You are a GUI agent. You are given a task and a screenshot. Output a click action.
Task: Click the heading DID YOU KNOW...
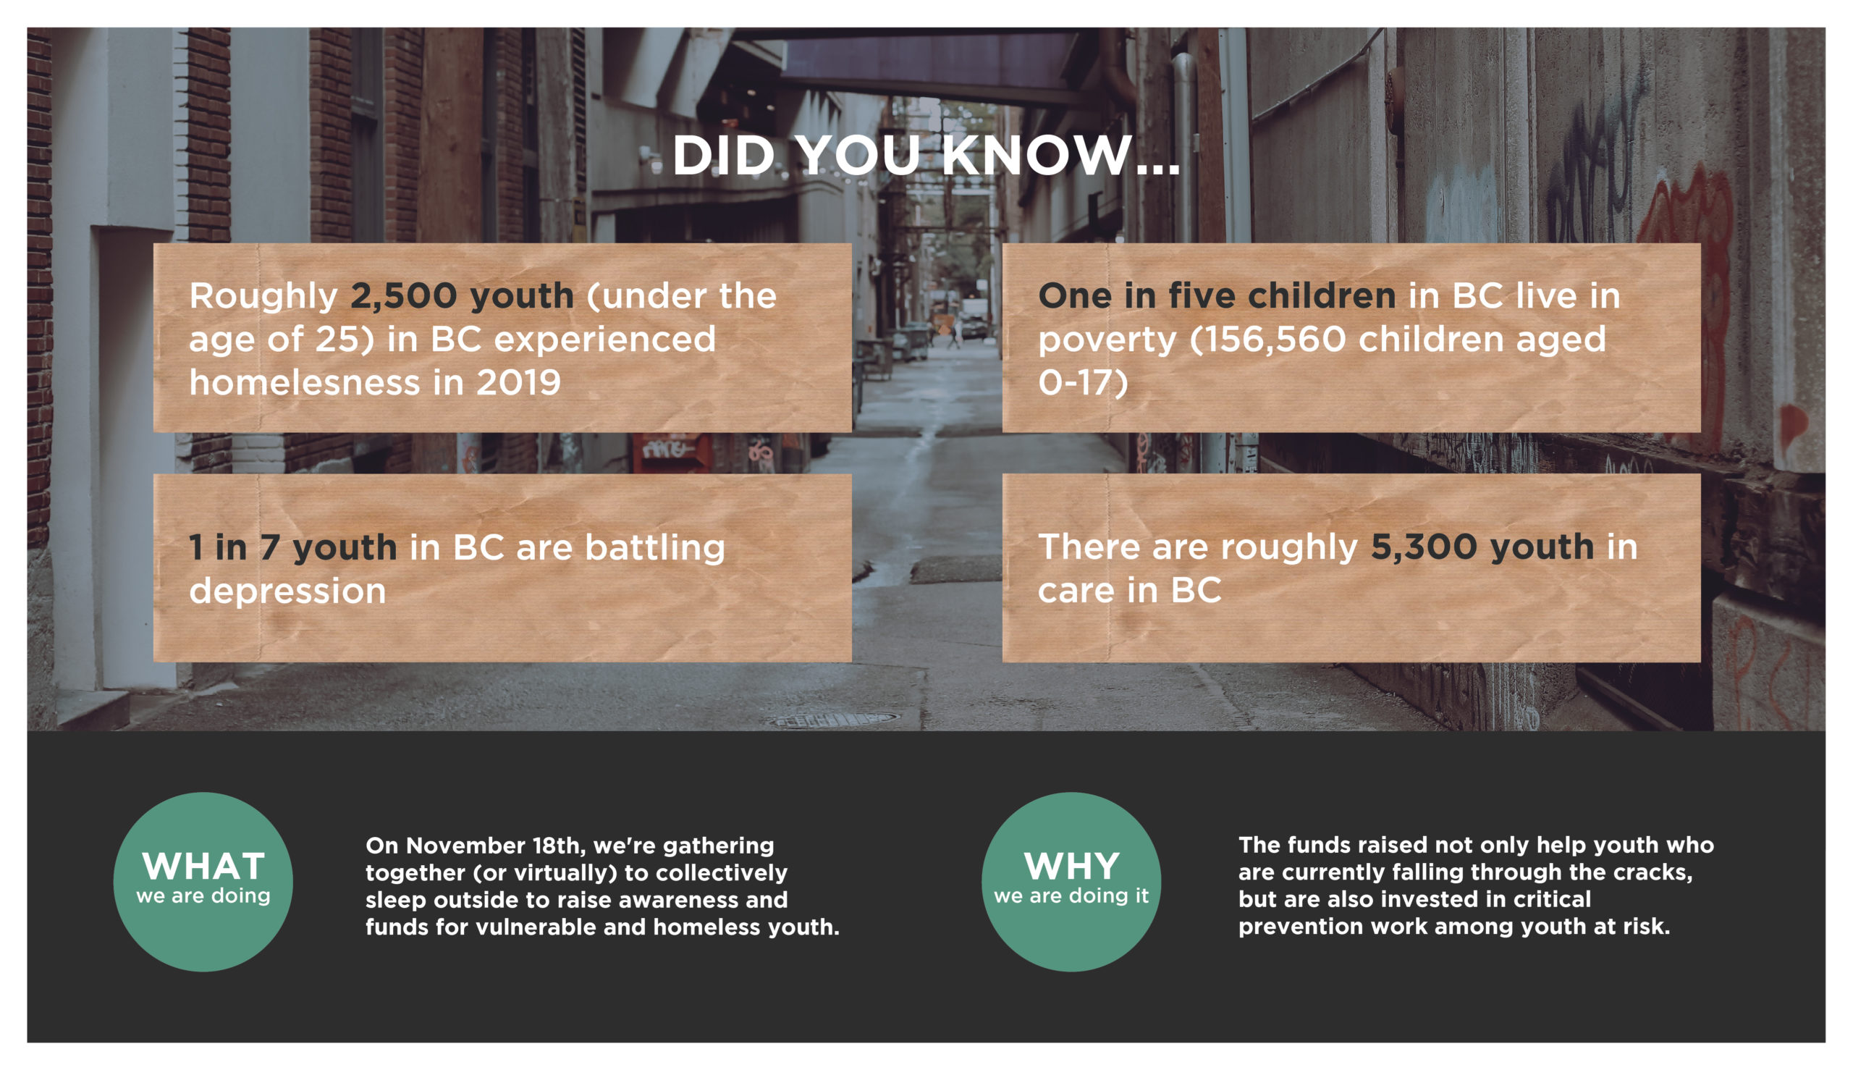(x=926, y=156)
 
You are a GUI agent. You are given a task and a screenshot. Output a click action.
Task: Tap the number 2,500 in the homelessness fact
(x=403, y=296)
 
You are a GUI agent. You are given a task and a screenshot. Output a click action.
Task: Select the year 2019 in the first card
(x=518, y=382)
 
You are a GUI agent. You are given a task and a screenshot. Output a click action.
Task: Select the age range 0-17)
(x=1082, y=383)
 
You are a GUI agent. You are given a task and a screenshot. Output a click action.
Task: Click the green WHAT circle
(x=203, y=882)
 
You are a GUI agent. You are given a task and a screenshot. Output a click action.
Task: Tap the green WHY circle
(x=1071, y=882)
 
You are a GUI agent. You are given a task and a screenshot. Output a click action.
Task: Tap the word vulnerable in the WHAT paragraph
(x=536, y=927)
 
